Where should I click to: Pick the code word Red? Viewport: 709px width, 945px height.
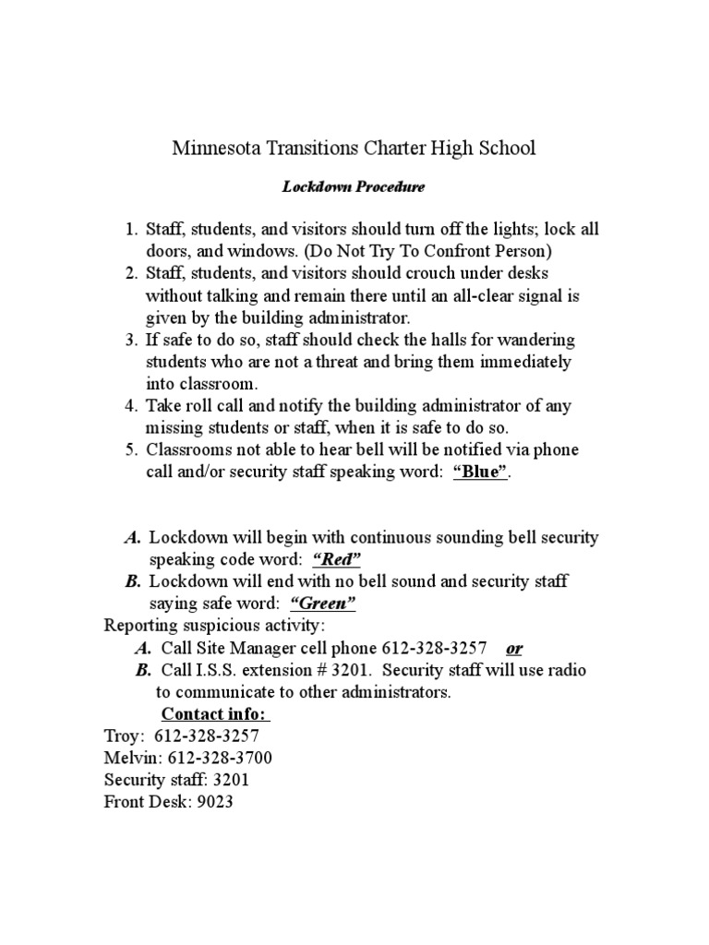337,559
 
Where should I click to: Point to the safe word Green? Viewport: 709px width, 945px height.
323,604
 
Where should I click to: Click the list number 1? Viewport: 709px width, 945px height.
130,229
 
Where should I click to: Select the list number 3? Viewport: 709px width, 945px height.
130,340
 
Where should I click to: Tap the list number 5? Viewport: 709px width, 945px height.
130,450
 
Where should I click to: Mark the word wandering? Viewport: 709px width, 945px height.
535,340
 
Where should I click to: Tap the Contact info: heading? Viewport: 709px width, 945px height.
216,714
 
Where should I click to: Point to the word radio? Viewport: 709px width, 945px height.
564,670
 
